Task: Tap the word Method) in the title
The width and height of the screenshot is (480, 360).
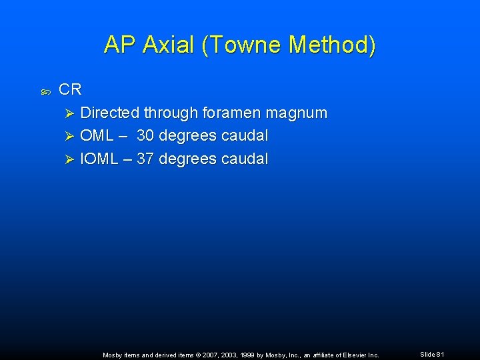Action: click(333, 45)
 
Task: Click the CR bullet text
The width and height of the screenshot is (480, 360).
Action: click(70, 89)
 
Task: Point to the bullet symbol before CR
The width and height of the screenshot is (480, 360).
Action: click(45, 90)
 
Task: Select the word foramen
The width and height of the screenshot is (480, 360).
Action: click(227, 113)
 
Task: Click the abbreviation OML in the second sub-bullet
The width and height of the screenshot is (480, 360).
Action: click(97, 136)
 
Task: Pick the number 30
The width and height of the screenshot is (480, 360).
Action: click(146, 136)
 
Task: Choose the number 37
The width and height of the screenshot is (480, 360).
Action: click(145, 159)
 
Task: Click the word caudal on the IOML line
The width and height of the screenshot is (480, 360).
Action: click(243, 159)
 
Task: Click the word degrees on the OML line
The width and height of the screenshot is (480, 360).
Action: click(191, 136)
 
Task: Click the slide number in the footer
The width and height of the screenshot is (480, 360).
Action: click(431, 355)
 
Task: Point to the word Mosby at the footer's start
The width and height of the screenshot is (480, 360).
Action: click(113, 355)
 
